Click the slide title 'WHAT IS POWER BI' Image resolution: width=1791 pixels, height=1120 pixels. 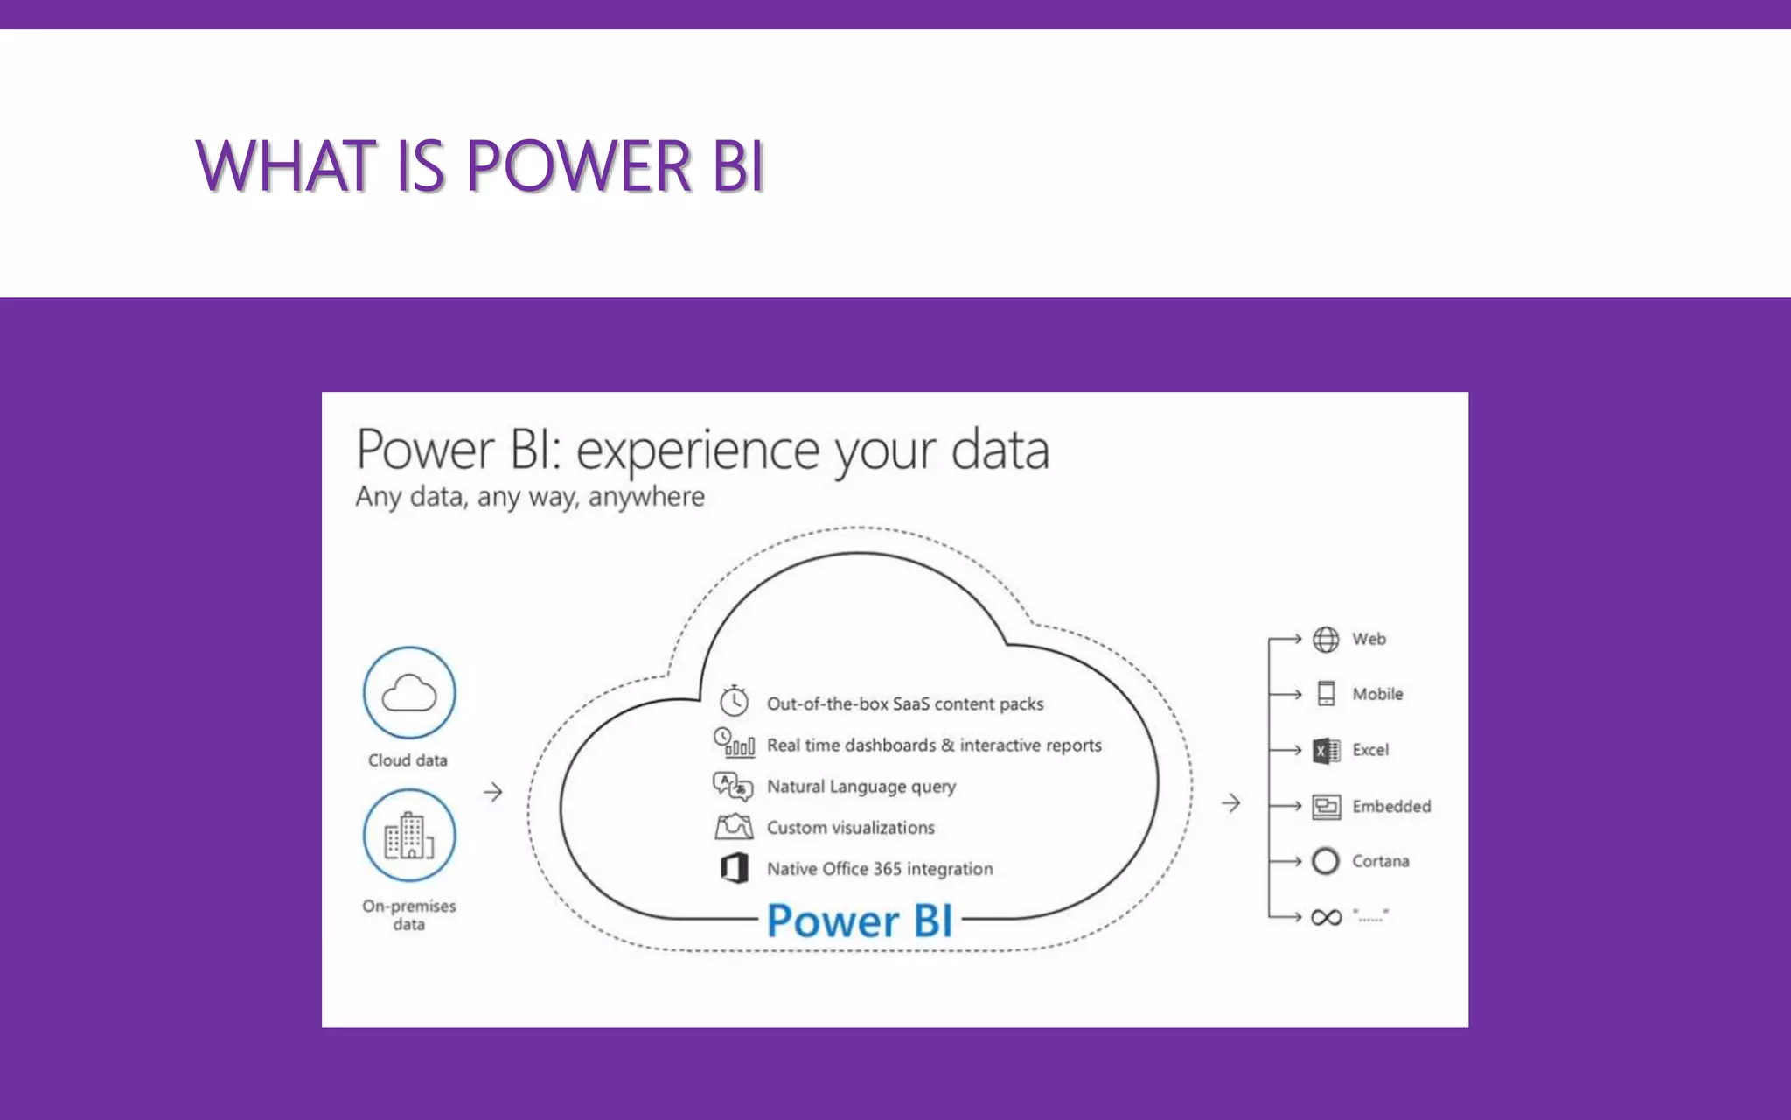tap(480, 165)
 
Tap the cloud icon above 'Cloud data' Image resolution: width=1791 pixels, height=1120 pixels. tap(409, 693)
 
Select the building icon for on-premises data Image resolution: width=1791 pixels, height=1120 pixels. tap(409, 836)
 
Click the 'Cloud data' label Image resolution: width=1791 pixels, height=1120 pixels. tap(408, 760)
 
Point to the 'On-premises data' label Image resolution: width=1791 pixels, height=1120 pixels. tap(409, 915)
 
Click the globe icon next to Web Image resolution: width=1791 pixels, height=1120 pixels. tap(1326, 640)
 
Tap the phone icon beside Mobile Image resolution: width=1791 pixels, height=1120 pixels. tap(1326, 694)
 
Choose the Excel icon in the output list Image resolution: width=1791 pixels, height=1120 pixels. tap(1326, 751)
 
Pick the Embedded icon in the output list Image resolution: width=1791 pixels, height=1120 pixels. tap(1326, 806)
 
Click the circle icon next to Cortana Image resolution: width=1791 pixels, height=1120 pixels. tap(1326, 861)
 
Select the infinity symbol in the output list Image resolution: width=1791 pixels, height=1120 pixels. tap(1326, 917)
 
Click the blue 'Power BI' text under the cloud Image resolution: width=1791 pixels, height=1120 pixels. tap(860, 920)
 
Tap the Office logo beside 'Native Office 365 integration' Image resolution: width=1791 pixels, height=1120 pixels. tap(735, 868)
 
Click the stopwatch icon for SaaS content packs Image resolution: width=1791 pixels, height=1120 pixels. tap(734, 701)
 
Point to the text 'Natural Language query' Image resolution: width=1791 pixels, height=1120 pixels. tap(861, 787)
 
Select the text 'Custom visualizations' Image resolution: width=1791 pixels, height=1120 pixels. tap(851, 828)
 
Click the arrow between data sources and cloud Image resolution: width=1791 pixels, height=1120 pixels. tap(493, 792)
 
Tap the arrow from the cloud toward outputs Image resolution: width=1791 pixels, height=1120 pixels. tap(1231, 802)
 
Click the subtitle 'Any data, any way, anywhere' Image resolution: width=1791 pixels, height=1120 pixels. tap(530, 497)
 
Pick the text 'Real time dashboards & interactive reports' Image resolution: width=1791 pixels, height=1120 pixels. tap(934, 745)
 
